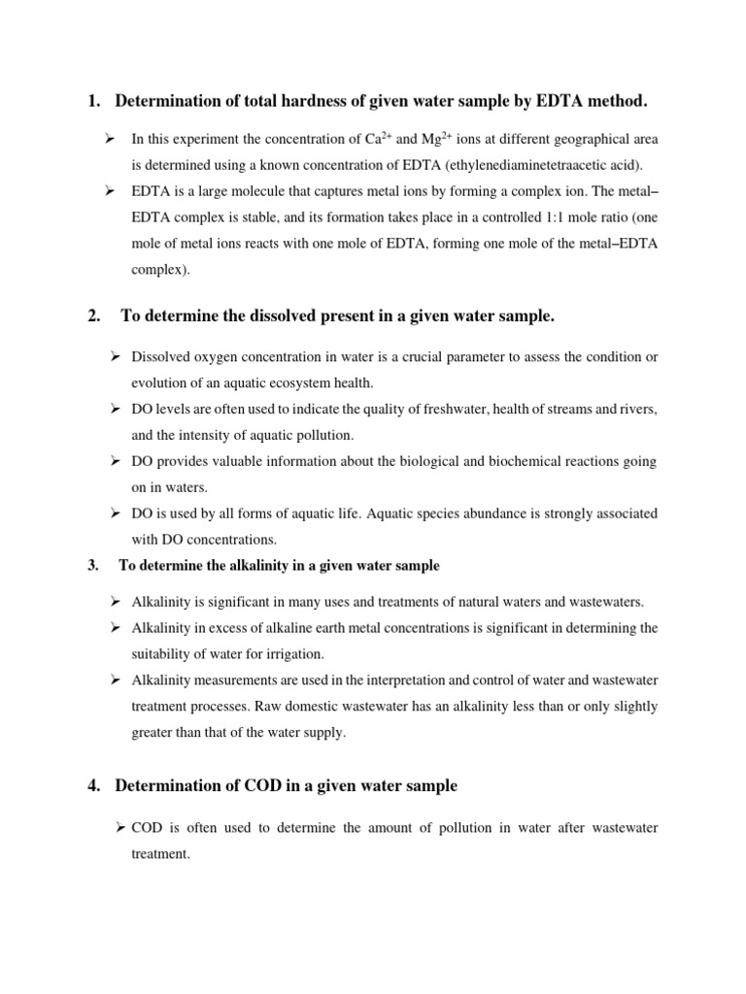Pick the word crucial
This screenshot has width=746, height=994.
click(421, 357)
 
